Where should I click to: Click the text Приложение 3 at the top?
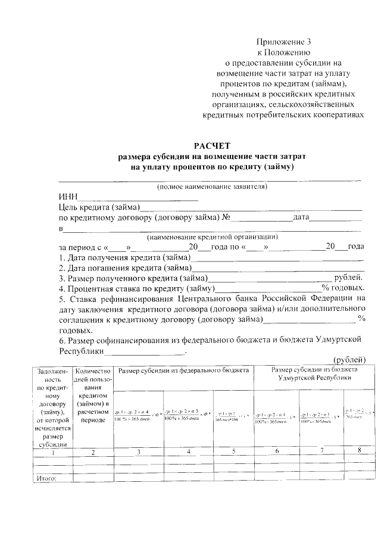(283, 42)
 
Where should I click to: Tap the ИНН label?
(68, 197)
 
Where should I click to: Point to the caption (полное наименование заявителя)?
(211, 187)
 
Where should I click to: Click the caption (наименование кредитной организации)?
(211, 237)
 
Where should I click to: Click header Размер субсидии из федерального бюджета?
(183, 370)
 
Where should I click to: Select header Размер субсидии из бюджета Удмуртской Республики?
(314, 373)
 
